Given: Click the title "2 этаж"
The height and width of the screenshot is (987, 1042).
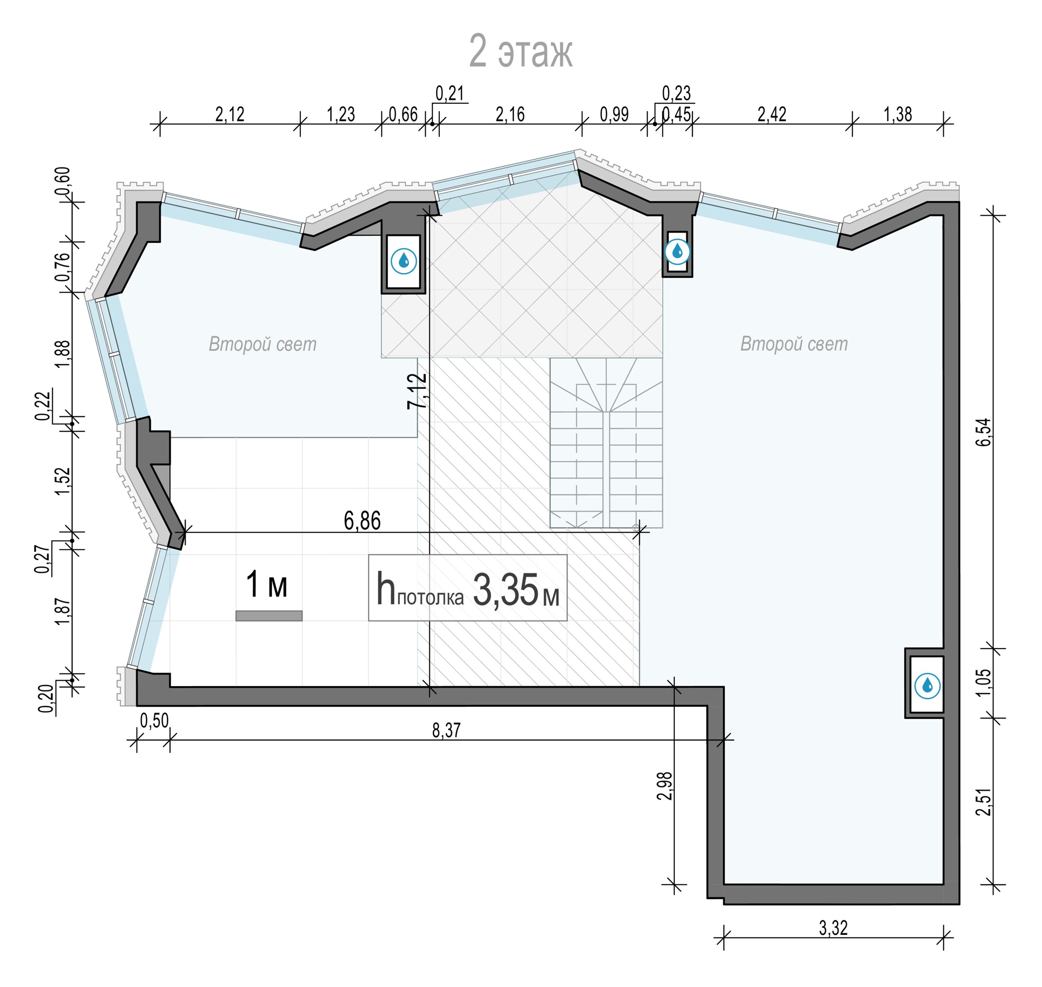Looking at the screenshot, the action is coord(521,52).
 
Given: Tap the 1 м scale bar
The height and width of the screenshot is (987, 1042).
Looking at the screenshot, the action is coord(269,616).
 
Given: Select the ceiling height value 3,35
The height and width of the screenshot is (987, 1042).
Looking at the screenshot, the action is coord(506,590).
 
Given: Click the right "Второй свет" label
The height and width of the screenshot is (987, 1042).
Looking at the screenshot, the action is coord(794,344).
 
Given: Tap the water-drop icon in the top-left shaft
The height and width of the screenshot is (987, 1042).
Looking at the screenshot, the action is coord(404,261).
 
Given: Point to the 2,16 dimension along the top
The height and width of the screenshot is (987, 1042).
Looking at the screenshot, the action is coord(510,114).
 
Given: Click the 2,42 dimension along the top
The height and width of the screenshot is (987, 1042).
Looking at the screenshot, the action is coord(772,114).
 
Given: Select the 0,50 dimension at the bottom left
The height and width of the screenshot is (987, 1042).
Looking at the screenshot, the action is coord(154,721).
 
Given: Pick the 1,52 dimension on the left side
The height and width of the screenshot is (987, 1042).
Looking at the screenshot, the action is coord(62,481).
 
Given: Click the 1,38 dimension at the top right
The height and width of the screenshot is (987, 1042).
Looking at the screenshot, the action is coord(897,114).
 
